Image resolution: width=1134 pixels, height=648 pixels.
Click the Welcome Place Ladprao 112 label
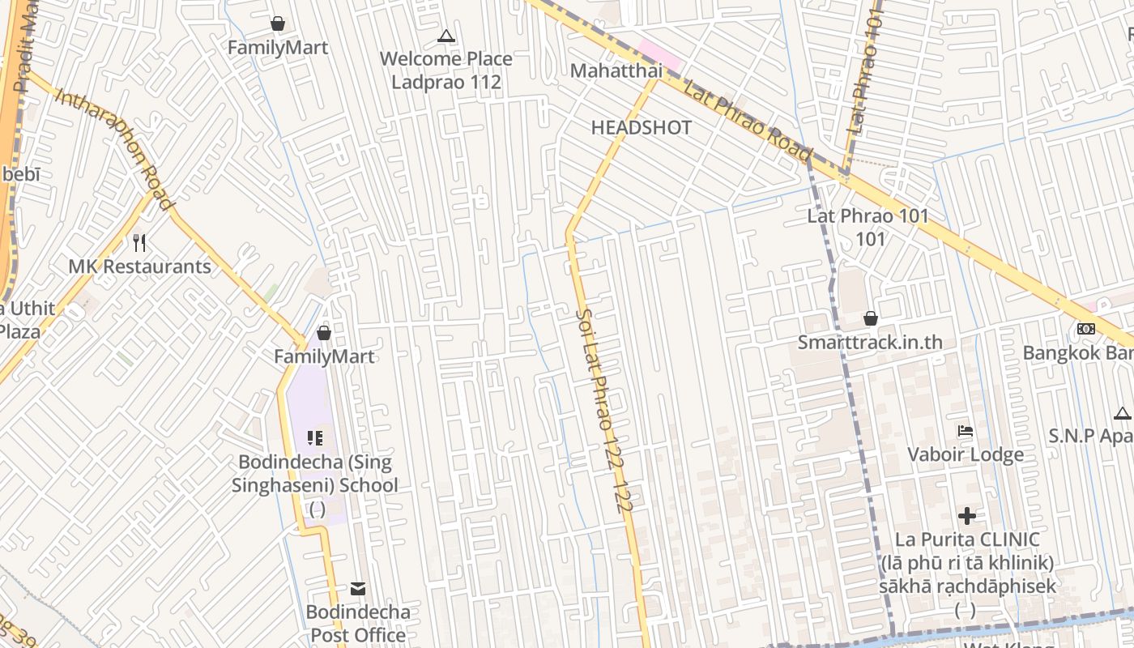pyautogui.click(x=446, y=70)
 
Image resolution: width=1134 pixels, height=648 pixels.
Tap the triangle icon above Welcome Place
pyautogui.click(x=446, y=36)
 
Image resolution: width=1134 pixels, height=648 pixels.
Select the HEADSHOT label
pyautogui.click(x=641, y=128)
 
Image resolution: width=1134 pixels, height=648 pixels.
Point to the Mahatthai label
pyautogui.click(x=616, y=71)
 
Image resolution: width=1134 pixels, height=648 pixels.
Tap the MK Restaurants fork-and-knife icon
pyautogui.click(x=139, y=242)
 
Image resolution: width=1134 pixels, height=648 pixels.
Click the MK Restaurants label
pyautogui.click(x=139, y=266)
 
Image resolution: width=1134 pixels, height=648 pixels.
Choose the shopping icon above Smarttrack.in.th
pyautogui.click(x=871, y=318)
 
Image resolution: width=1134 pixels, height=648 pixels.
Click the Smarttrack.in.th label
pyautogui.click(x=870, y=342)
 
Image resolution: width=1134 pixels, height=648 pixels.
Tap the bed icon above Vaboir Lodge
pyautogui.click(x=965, y=431)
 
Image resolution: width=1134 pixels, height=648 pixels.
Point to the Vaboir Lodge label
pyautogui.click(x=965, y=454)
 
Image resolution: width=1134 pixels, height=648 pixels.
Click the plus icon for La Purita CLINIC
pyautogui.click(x=966, y=516)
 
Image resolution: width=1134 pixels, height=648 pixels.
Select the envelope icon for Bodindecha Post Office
pyautogui.click(x=358, y=589)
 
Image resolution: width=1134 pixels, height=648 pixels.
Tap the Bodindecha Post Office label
pyautogui.click(x=358, y=623)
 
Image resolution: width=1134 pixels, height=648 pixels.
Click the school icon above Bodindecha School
pyautogui.click(x=315, y=438)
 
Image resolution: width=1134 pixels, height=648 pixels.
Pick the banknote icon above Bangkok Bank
pyautogui.click(x=1086, y=329)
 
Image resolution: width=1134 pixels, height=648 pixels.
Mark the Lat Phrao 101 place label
pyautogui.click(x=868, y=227)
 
